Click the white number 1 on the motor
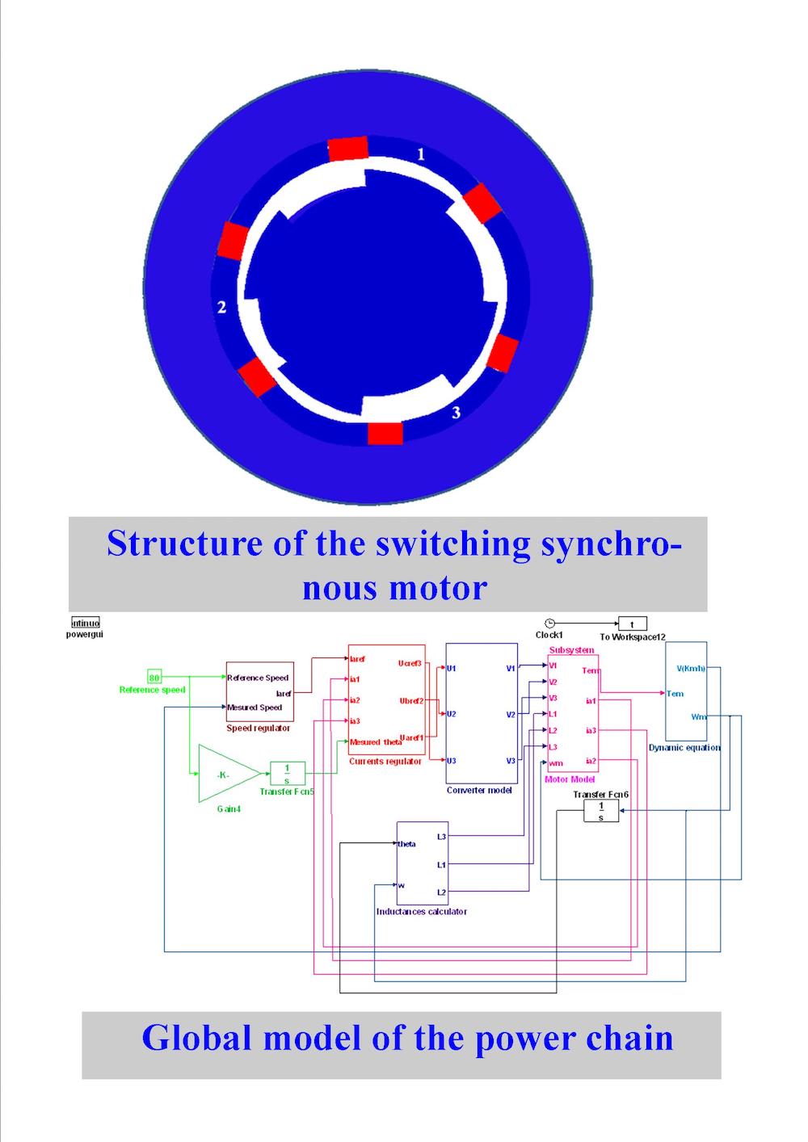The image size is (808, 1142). click(x=420, y=153)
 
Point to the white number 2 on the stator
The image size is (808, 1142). click(x=222, y=307)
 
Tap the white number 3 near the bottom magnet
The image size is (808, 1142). click(x=457, y=413)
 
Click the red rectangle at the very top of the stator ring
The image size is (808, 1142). click(x=348, y=149)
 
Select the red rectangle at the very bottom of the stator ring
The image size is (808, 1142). click(x=385, y=433)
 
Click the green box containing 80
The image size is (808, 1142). click(x=154, y=677)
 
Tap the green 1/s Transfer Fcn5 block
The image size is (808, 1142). click(x=287, y=773)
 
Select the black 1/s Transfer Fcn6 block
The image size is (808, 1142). click(x=600, y=811)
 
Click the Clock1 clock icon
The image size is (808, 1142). click(x=549, y=623)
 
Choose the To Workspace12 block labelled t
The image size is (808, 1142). click(x=633, y=623)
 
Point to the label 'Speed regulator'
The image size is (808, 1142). click(x=258, y=728)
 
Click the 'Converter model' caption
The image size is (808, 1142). click(x=479, y=790)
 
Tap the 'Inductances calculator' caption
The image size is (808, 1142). click(x=422, y=912)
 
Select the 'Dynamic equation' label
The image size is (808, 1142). click(x=684, y=748)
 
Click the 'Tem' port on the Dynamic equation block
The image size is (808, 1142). click(x=675, y=693)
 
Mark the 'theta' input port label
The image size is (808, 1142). click(x=407, y=844)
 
